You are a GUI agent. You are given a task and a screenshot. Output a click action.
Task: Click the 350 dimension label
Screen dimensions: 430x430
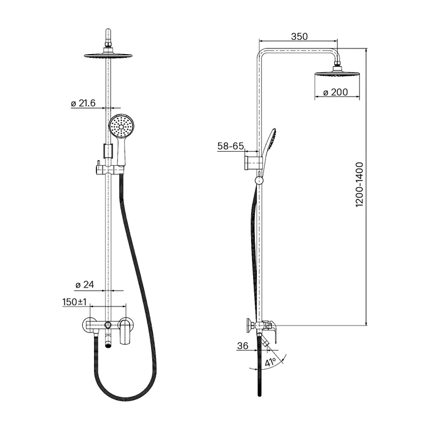pos(299,36)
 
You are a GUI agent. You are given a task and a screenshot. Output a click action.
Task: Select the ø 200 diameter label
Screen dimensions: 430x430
pos(335,92)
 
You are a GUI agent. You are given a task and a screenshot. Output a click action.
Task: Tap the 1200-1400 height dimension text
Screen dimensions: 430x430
pos(359,184)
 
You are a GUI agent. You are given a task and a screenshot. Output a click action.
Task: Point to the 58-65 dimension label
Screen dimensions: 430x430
pos(230,146)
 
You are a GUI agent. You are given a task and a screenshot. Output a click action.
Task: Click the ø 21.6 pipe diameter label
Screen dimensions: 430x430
pos(83,103)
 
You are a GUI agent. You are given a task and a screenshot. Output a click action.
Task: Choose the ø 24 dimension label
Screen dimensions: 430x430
pos(85,285)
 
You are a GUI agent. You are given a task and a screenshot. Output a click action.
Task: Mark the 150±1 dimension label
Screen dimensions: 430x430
pos(74,302)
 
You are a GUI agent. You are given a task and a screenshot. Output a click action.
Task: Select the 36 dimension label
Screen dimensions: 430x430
pos(243,346)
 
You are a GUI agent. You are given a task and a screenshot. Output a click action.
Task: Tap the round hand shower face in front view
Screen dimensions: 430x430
pos(121,127)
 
